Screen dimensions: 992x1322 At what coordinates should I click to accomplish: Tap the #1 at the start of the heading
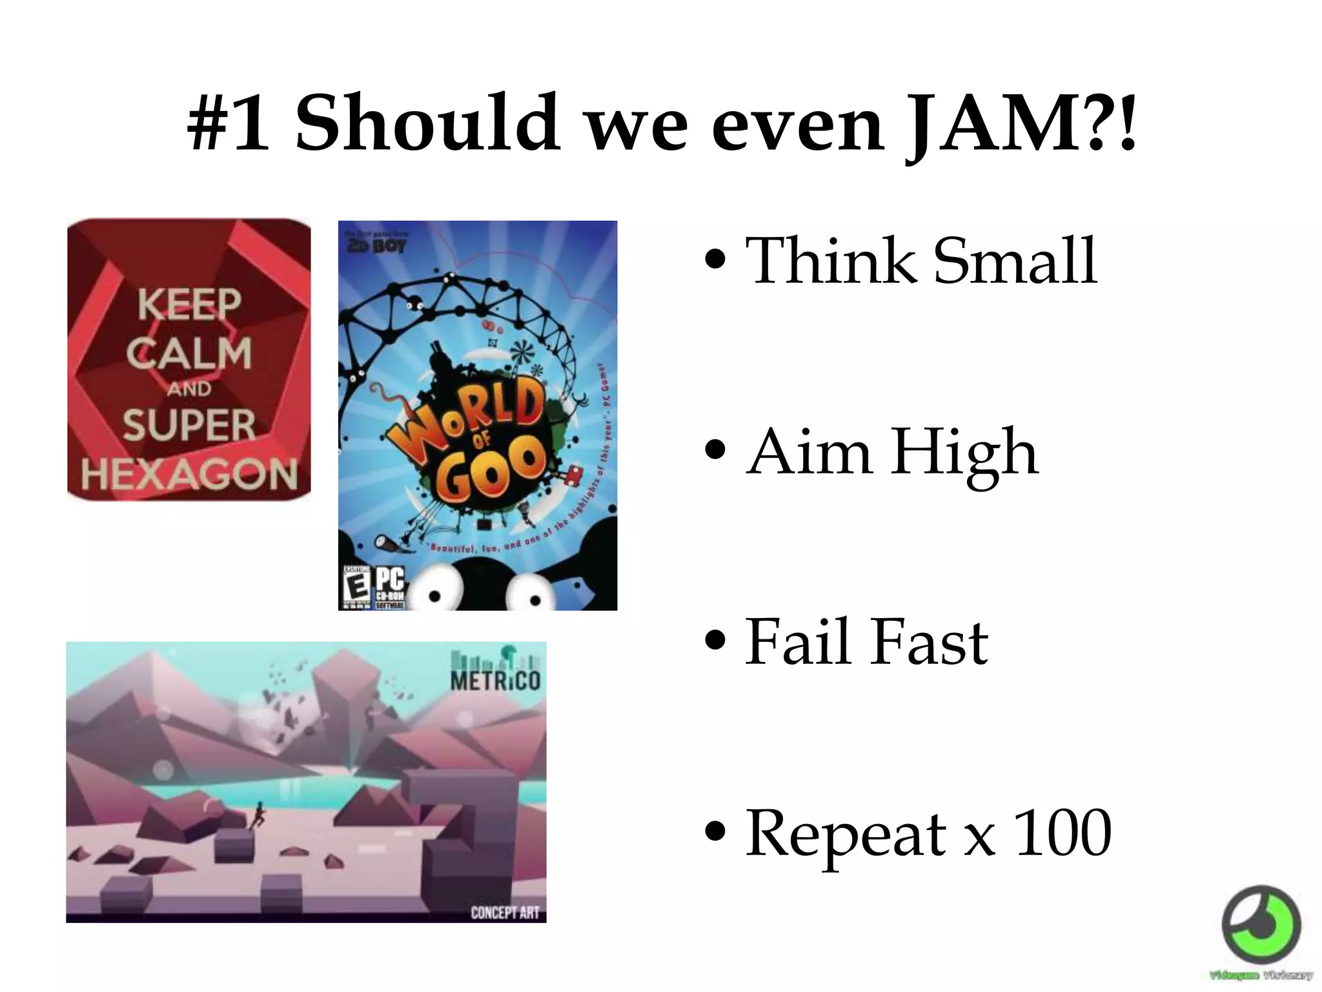pyautogui.click(x=229, y=123)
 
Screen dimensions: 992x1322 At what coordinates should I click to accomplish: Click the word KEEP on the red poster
pyautogui.click(x=189, y=304)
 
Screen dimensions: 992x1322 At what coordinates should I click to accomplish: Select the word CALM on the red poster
pyautogui.click(x=189, y=353)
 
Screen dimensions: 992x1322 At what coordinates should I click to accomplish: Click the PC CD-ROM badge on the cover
pyautogui.click(x=390, y=588)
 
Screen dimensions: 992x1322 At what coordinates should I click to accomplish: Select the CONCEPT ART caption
pyautogui.click(x=504, y=912)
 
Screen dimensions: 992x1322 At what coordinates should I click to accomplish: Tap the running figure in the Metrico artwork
pyautogui.click(x=258, y=816)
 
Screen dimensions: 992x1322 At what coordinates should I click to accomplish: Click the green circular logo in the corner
pyautogui.click(x=1261, y=925)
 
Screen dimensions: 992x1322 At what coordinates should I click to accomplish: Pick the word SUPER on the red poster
pyautogui.click(x=189, y=425)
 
